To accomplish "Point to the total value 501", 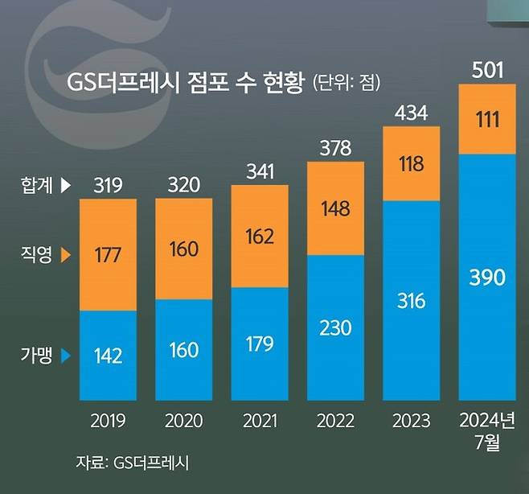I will (487, 72).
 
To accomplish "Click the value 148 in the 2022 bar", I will (335, 209).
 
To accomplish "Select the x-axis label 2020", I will (183, 422).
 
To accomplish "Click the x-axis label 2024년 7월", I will (487, 431).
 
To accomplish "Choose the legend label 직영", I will (37, 256).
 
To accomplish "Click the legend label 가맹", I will (37, 355).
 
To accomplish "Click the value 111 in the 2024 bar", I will (487, 121).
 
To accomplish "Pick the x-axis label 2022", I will (335, 422).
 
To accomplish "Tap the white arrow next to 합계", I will (66, 186).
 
